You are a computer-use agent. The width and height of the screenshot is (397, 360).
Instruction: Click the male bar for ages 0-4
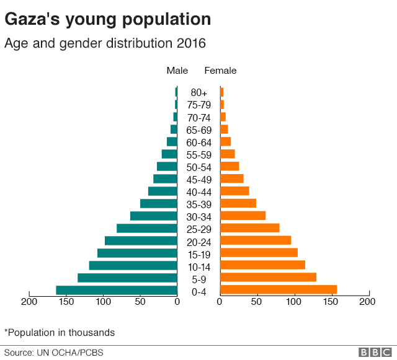pyautogui.click(x=117, y=290)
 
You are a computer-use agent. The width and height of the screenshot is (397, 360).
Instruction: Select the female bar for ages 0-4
pyautogui.click(x=279, y=290)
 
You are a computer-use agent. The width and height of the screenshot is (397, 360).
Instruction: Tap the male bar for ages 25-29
pyautogui.click(x=147, y=228)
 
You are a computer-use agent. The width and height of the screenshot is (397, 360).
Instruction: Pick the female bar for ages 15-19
pyautogui.click(x=259, y=253)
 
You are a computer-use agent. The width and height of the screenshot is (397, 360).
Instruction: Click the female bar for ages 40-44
pyautogui.click(x=234, y=191)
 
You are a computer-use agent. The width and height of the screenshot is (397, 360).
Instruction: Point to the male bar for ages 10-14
pyautogui.click(x=133, y=265)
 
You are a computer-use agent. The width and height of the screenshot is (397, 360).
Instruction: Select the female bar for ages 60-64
pyautogui.click(x=225, y=141)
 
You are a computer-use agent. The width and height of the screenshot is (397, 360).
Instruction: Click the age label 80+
pyautogui.click(x=199, y=93)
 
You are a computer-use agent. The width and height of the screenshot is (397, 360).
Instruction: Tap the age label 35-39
pyautogui.click(x=199, y=204)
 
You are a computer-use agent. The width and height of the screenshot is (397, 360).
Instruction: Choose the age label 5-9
pyautogui.click(x=199, y=279)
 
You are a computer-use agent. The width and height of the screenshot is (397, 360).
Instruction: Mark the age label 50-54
pyautogui.click(x=199, y=167)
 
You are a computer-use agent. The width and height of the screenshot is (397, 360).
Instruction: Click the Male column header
pyautogui.click(x=177, y=71)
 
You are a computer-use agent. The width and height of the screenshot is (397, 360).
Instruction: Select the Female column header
pyautogui.click(x=220, y=71)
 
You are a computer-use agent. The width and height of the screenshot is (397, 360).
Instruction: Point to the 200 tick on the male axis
pyautogui.click(x=29, y=302)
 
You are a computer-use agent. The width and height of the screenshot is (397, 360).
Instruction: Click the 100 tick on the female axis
pyautogui.click(x=294, y=302)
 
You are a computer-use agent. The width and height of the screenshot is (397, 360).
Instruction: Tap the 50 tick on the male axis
pyautogui.click(x=140, y=302)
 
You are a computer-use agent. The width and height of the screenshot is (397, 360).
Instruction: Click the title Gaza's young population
pyautogui.click(x=108, y=20)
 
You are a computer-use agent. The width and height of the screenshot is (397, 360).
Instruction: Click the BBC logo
pyautogui.click(x=372, y=352)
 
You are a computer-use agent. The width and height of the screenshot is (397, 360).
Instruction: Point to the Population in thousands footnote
pyautogui.click(x=60, y=332)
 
